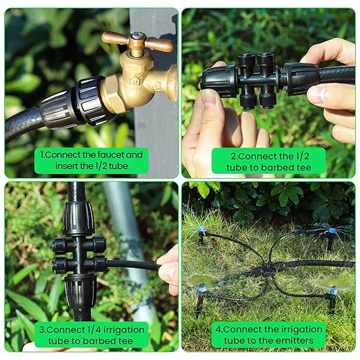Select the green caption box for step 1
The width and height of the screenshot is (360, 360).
click(91, 160)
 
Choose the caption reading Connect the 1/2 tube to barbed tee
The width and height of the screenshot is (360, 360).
click(268, 160)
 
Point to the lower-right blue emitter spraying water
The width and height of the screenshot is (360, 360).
click(333, 290)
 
